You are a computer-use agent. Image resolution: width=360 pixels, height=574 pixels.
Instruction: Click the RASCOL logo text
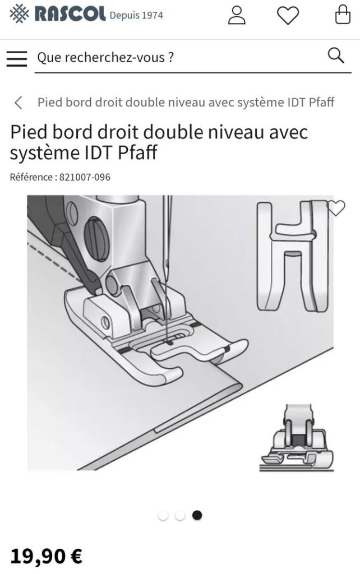70,14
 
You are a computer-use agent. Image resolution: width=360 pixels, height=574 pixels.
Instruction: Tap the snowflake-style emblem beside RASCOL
19,14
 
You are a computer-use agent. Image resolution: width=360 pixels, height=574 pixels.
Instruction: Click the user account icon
237,15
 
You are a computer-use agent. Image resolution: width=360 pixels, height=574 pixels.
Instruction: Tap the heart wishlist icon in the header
288,15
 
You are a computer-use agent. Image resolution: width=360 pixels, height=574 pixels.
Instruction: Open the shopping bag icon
343,15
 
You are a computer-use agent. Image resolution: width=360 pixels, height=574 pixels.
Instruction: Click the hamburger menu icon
17,58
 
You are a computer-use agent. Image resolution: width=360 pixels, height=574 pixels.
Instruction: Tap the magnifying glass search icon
336,55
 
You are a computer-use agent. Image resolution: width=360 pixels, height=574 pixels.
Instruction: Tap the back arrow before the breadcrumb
19,103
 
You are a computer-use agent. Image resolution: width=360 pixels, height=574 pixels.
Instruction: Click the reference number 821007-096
85,177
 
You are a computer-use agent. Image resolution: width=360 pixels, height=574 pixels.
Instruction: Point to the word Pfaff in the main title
137,152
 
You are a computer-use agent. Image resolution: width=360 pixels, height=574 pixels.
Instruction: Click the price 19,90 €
46,556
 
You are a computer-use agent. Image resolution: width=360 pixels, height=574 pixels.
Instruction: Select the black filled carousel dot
197,516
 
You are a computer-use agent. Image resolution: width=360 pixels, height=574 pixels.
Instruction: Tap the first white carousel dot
163,516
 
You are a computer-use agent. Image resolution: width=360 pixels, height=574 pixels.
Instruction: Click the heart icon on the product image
336,208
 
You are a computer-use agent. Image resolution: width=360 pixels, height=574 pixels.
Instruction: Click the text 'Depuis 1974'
136,15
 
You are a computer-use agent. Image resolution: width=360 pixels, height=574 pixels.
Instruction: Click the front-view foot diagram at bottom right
297,438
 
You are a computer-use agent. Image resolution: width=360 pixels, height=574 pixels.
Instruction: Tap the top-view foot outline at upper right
292,256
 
